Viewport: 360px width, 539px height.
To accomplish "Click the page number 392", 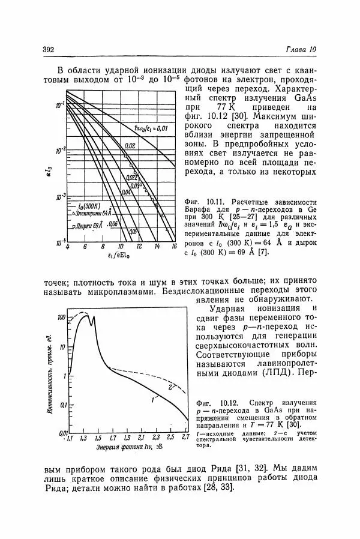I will click(x=49, y=49).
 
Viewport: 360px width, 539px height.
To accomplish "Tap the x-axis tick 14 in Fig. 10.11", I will click(x=157, y=247).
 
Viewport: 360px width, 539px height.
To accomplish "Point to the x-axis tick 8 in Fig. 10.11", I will click(x=102, y=247).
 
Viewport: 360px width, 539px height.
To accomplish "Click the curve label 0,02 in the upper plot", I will click(x=129, y=146).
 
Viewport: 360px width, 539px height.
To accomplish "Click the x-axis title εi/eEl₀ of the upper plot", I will click(x=121, y=258).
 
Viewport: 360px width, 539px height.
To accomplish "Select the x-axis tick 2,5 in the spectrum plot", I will click(x=170, y=439).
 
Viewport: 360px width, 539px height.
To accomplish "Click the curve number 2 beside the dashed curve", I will click(x=170, y=387).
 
